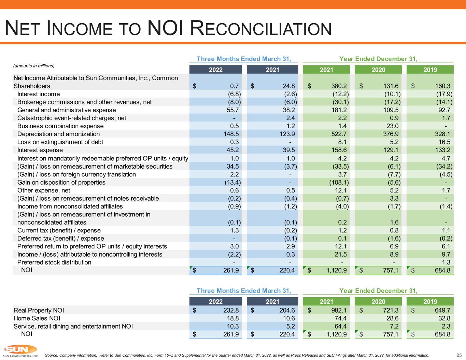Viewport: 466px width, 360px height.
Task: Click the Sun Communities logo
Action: click(21, 351)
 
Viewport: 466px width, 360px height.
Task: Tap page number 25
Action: click(459, 355)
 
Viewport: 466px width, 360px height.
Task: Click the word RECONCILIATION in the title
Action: click(261, 28)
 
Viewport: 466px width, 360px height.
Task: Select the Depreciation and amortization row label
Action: click(58, 134)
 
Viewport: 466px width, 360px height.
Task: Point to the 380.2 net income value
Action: click(339, 86)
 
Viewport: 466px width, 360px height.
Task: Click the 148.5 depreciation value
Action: click(231, 134)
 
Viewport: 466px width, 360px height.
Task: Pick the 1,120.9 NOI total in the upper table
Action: click(336, 270)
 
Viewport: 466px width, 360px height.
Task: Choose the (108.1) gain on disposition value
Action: click(339, 182)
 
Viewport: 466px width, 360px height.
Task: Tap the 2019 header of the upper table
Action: click(430, 70)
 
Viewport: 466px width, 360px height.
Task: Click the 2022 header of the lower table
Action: click(216, 302)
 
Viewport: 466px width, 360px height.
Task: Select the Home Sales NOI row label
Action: click(37, 318)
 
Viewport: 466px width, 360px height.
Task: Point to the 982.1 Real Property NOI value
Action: click(339, 310)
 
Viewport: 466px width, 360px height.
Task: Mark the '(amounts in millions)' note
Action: click(34, 66)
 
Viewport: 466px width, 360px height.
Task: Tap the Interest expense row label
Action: click(40, 150)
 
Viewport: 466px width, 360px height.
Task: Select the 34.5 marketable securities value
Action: click(233, 166)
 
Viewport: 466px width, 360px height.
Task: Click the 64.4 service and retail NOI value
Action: click(341, 326)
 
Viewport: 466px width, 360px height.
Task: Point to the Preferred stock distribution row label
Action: click(54, 262)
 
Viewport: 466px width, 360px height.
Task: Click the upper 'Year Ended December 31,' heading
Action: click(378, 59)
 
